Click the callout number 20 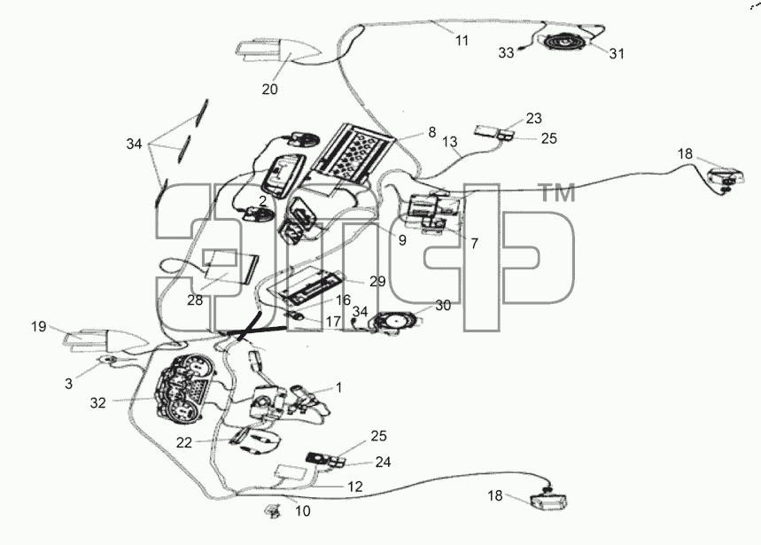(270, 90)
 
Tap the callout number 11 (462, 41)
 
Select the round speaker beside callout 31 (565, 42)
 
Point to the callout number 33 (506, 52)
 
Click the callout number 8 (432, 132)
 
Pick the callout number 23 (534, 119)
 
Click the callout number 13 (450, 142)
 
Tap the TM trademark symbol (557, 192)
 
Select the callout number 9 (402, 240)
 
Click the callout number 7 (474, 243)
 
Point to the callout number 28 (195, 300)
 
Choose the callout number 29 (377, 282)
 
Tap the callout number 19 (39, 327)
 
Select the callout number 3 (68, 384)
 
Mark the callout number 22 (184, 442)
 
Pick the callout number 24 (383, 462)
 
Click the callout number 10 (303, 511)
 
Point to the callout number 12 (355, 487)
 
